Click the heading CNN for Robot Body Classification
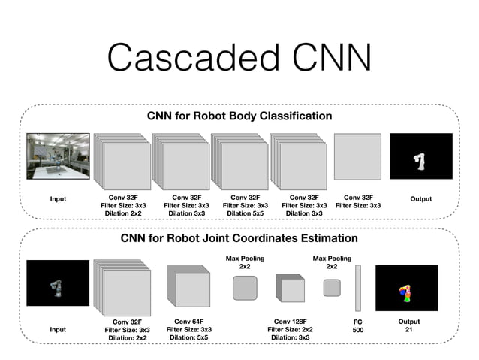tap(239, 116)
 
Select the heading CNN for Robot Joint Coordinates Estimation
tap(239, 238)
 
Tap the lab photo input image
tap(58, 156)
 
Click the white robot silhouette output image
tap(420, 156)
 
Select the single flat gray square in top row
tap(357, 156)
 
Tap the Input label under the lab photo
tap(58, 199)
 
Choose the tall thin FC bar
tap(358, 287)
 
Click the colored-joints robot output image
tap(406, 287)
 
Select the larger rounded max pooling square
tap(245, 288)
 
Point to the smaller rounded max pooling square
tap(331, 288)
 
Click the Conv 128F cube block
tap(290, 289)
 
